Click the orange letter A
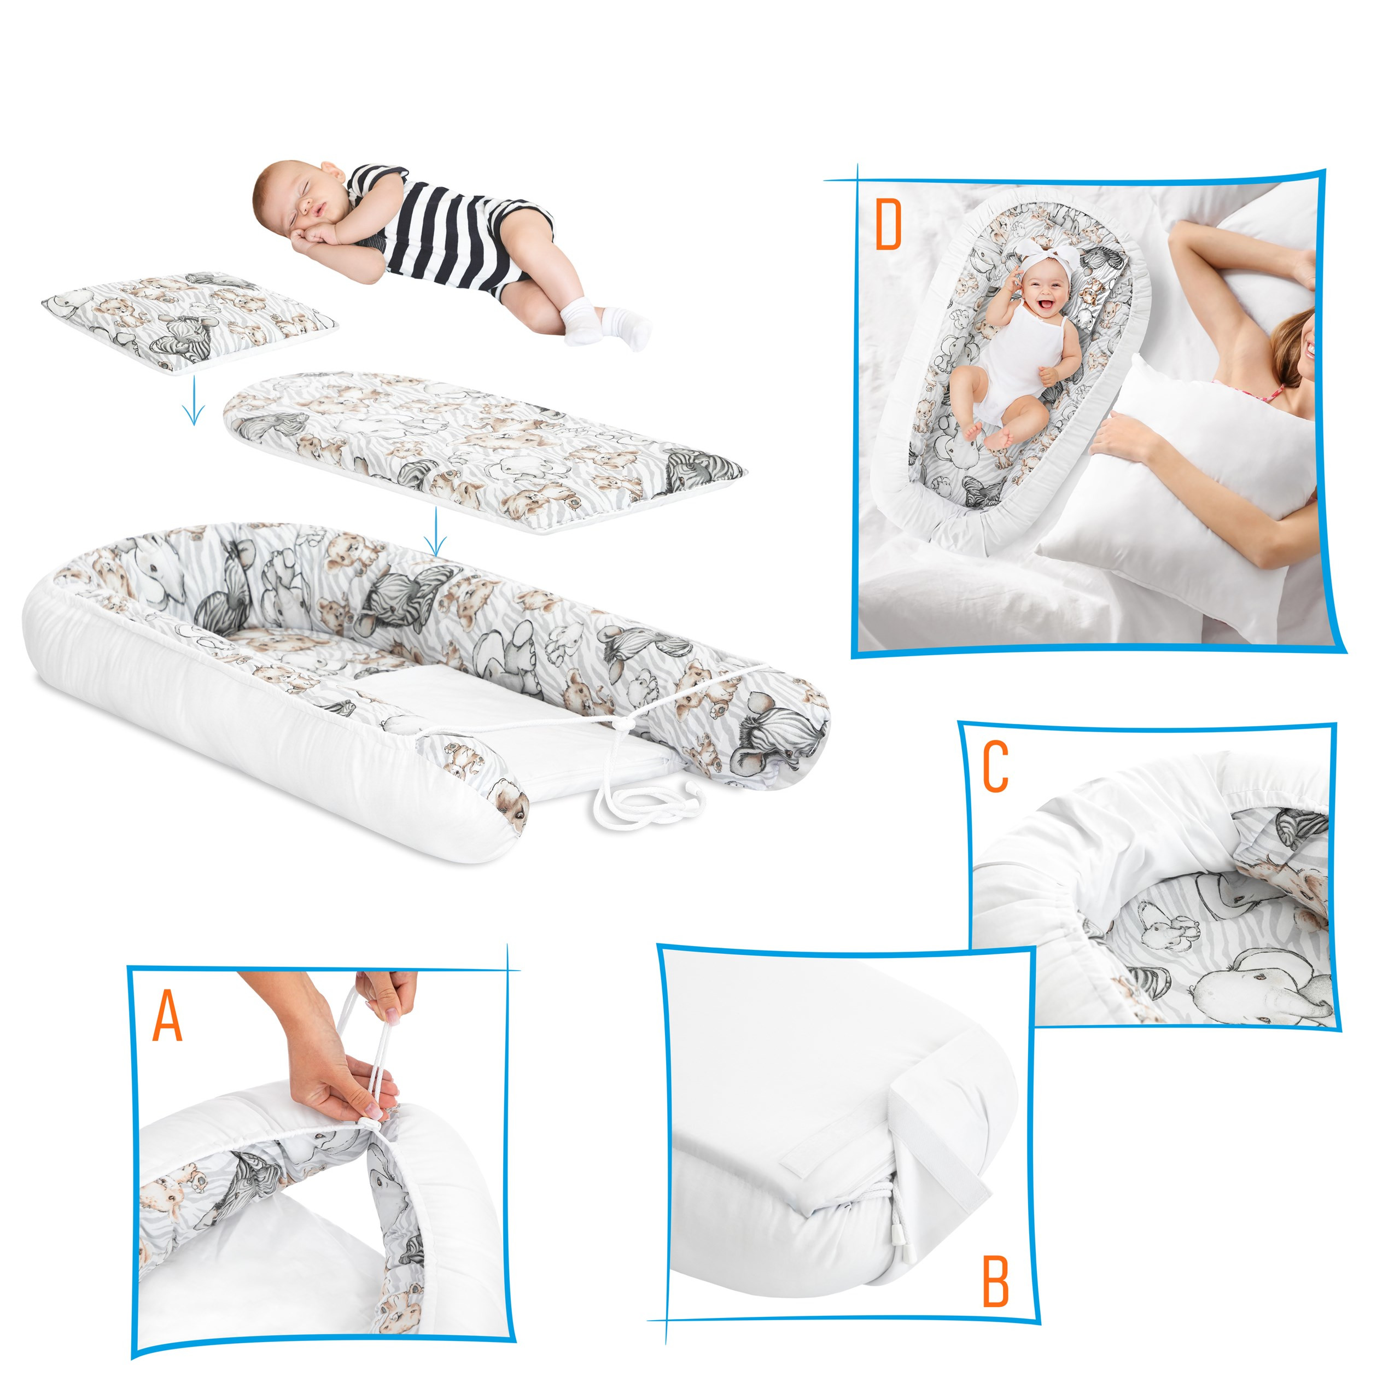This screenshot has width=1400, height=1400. (167, 1015)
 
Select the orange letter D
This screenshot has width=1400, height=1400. (889, 225)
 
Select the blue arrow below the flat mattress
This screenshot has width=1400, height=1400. (434, 532)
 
